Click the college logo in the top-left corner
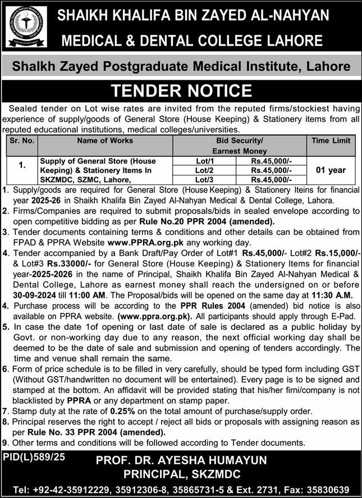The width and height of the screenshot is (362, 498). click(x=26, y=26)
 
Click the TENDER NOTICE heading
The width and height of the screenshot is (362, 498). click(x=181, y=90)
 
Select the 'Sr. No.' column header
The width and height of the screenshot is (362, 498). click(x=22, y=141)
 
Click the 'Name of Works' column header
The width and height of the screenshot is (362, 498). click(x=105, y=141)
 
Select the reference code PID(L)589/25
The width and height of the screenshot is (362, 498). click(x=34, y=458)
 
